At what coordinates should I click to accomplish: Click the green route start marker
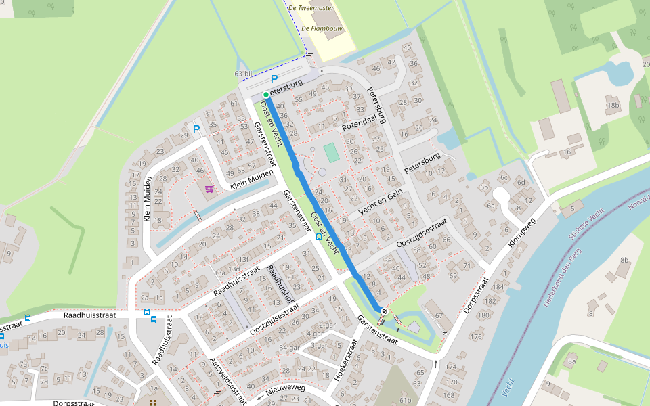pos(266,95)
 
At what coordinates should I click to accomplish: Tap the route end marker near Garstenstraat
pos(384,311)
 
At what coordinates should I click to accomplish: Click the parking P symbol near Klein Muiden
pos(196,129)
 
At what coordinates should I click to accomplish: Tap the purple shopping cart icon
pos(209,188)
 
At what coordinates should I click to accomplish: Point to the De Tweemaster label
pos(311,8)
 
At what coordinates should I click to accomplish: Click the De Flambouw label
pos(322,28)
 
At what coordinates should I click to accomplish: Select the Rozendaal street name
pos(359,122)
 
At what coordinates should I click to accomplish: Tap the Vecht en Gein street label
pos(381,202)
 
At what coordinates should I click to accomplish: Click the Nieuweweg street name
pos(286,390)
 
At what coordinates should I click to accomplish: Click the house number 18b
pos(613,105)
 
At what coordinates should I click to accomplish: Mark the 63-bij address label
pos(243,73)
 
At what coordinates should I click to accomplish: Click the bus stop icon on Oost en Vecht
pos(319,238)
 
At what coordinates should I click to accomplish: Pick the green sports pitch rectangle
pos(331,152)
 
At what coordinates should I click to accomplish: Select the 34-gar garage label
pos(289,348)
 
